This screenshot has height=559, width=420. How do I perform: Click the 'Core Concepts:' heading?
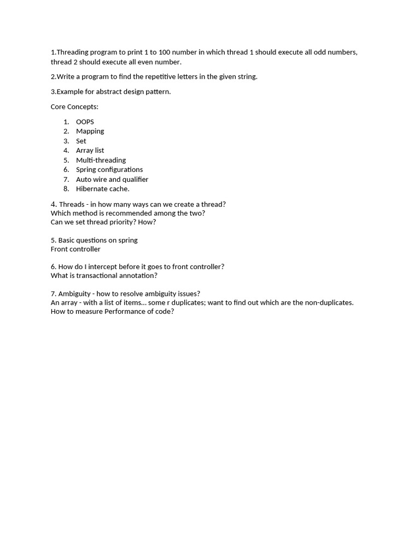(74, 106)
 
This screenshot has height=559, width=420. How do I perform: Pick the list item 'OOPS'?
(85, 122)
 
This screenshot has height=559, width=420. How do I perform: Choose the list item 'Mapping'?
(90, 131)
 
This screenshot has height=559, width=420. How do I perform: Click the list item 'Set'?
(81, 141)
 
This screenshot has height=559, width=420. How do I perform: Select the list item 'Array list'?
(90, 150)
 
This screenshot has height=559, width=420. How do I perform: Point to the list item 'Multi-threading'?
(101, 160)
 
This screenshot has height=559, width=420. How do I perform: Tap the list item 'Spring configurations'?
(109, 169)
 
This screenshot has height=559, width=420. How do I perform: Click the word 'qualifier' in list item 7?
(136, 179)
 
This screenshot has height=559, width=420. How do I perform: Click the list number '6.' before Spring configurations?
(66, 169)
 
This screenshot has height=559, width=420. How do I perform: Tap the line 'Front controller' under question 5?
(75, 249)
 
